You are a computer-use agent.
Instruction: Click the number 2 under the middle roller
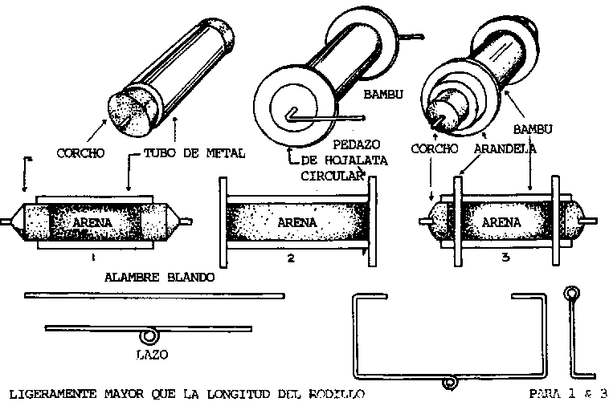[x=290, y=258]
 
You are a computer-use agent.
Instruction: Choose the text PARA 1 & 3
[x=566, y=394]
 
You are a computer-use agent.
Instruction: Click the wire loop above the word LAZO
[x=149, y=335]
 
